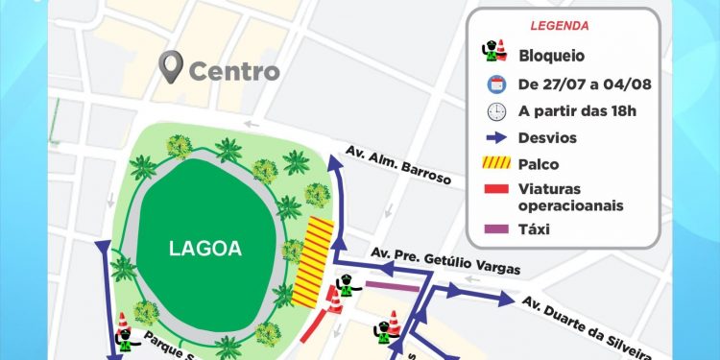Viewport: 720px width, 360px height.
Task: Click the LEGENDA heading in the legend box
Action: (559, 26)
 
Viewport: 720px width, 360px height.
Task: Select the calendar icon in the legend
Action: (496, 83)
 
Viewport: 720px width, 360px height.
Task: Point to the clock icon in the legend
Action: (496, 110)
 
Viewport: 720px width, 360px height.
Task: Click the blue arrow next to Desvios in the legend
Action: (496, 138)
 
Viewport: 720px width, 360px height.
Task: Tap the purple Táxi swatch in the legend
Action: (496, 229)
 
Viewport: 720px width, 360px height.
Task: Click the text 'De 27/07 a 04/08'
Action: (585, 84)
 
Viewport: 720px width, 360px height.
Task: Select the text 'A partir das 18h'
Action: (578, 110)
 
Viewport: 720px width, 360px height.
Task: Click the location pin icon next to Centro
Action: (172, 68)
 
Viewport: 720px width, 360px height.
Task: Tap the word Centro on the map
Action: (234, 71)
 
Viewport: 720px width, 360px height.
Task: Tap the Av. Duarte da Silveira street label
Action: (586, 326)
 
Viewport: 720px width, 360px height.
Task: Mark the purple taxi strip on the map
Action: (392, 286)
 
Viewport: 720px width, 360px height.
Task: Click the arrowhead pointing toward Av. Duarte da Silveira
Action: (509, 300)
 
